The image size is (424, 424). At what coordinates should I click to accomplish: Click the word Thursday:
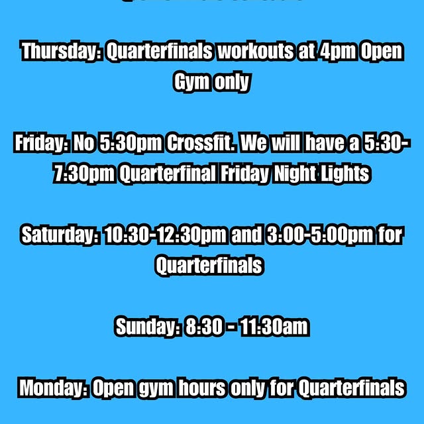[x=60, y=52]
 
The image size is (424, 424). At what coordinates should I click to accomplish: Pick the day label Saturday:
[x=61, y=235]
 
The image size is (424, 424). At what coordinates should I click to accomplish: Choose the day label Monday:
[x=52, y=388]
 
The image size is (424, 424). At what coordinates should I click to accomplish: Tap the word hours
[x=199, y=388]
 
